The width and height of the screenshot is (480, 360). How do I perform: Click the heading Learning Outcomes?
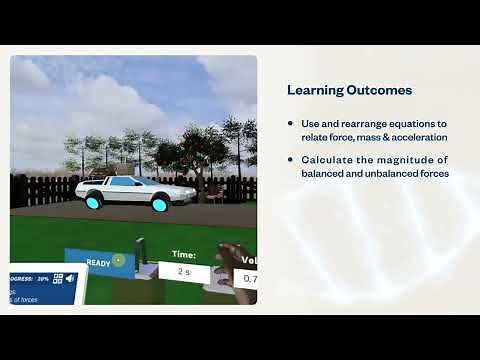pos(349,90)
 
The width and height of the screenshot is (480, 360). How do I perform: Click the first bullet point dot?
pos(290,123)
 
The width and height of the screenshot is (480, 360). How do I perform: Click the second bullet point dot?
pos(290,160)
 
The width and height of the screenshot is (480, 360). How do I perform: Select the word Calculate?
pos(325,160)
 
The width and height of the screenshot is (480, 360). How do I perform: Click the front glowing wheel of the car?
pos(159,205)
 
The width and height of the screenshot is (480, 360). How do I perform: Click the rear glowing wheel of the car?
pos(93,201)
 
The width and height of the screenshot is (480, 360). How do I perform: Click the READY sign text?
pos(97,263)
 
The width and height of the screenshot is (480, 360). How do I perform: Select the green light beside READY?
pos(118,261)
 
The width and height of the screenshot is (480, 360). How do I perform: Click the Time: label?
pos(184,255)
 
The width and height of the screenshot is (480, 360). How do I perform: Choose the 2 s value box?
pos(184,271)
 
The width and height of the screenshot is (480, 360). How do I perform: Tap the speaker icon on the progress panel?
pos(71,278)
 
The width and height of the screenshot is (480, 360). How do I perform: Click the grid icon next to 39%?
pos(58,278)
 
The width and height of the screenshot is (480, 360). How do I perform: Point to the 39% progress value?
pos(43,279)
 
